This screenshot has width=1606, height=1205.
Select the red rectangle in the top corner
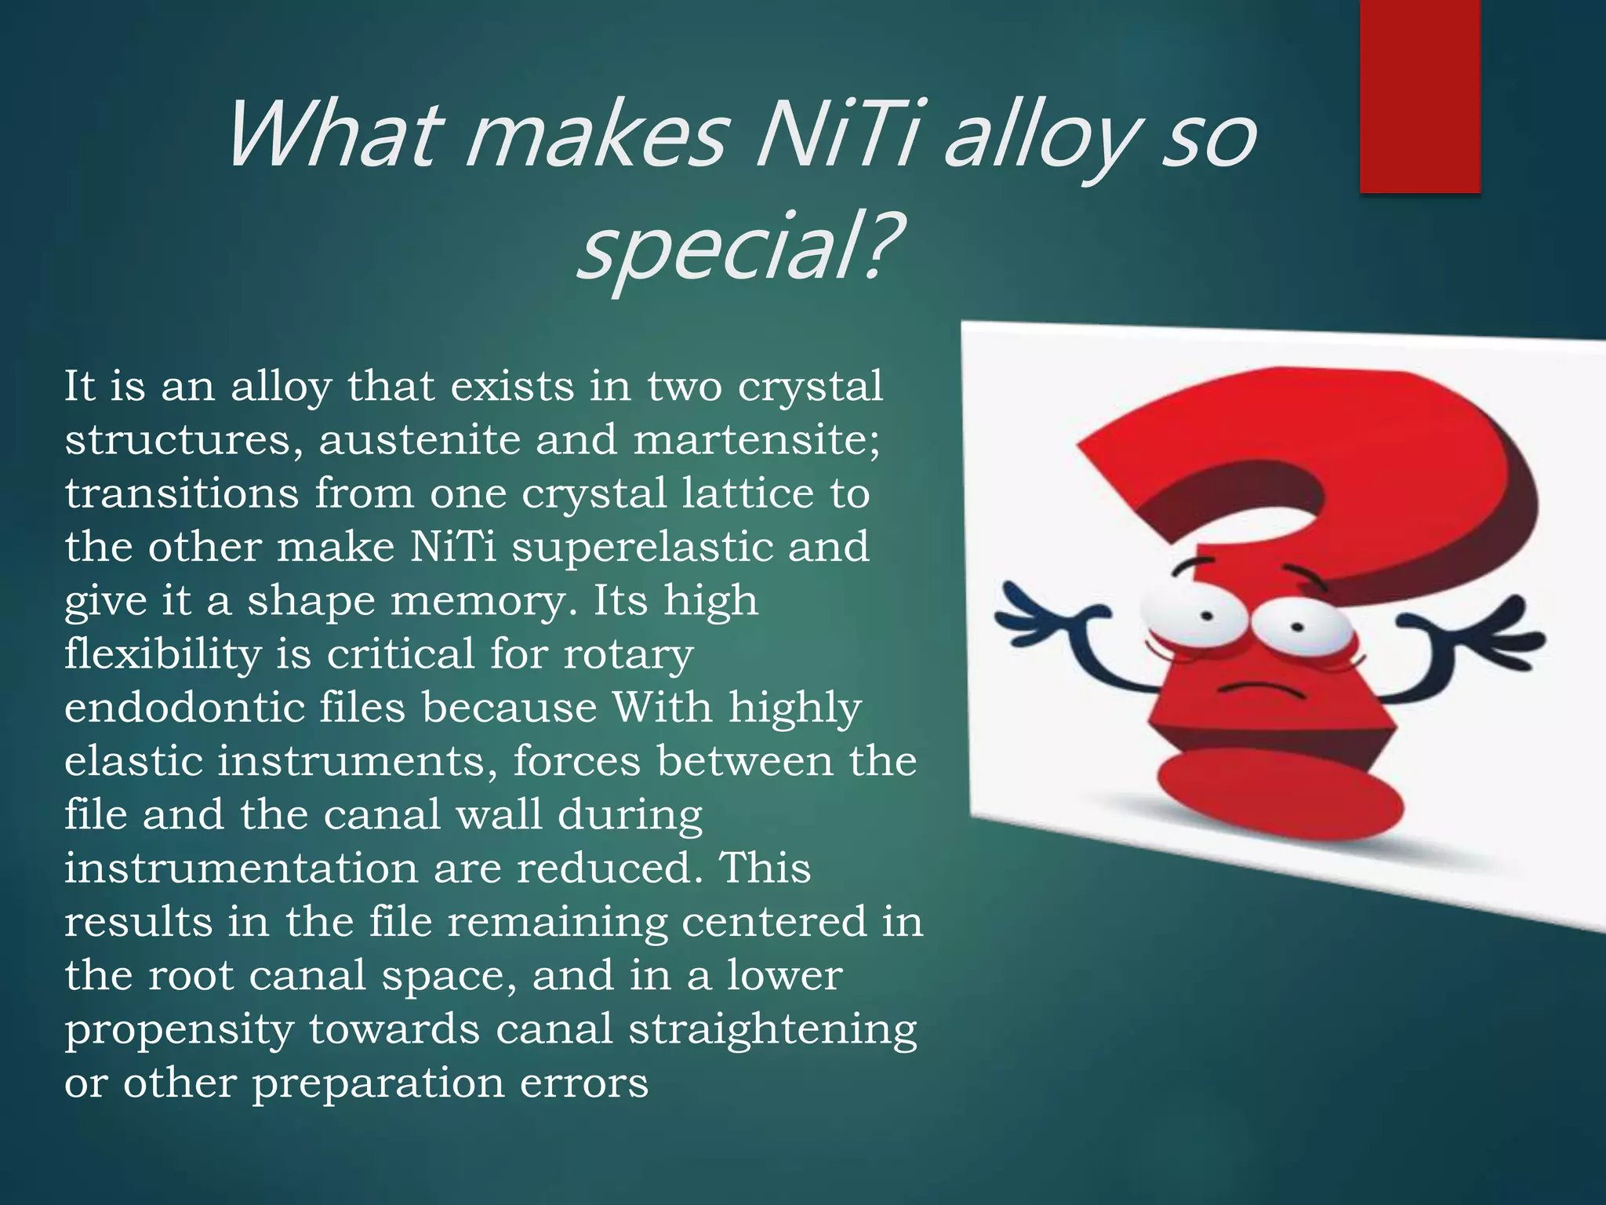1419,96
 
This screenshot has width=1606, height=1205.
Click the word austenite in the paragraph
420,439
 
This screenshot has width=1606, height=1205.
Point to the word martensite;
757,439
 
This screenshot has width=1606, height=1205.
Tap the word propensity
179,1030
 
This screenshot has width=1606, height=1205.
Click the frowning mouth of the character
1263,690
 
